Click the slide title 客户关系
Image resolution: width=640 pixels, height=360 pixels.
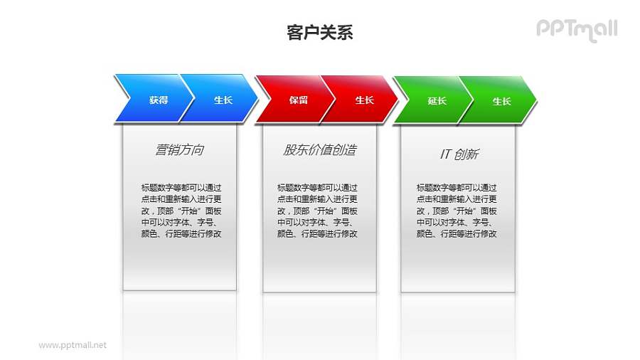(319, 33)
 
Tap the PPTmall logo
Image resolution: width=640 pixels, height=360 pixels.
(576, 29)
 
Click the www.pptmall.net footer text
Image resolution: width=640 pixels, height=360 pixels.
(73, 345)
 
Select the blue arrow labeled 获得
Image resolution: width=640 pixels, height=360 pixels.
(154, 100)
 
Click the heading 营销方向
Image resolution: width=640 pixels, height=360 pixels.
(179, 150)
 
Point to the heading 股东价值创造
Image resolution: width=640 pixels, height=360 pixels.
(319, 150)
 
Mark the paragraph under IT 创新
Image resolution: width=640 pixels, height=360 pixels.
(457, 211)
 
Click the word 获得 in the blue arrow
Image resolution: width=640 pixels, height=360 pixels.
(159, 100)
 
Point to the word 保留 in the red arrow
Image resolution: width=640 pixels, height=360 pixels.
(299, 100)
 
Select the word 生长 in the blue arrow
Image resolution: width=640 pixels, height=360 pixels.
(223, 100)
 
